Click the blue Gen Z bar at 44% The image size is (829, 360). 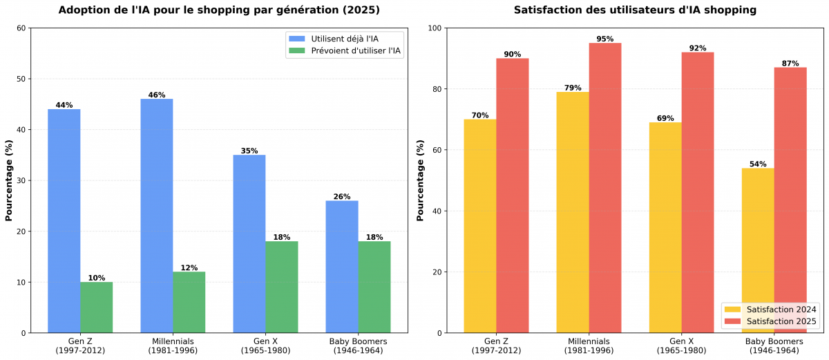click(64, 221)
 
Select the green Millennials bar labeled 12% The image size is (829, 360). click(189, 302)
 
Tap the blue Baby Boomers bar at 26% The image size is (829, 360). click(342, 267)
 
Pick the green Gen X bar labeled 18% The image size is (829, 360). click(281, 287)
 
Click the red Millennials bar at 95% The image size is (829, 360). click(604, 188)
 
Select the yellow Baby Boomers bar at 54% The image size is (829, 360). click(758, 250)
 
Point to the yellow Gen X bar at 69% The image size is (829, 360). click(665, 227)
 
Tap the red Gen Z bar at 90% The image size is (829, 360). click(512, 196)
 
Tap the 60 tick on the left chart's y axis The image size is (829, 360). click(21, 28)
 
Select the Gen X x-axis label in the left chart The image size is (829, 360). click(265, 346)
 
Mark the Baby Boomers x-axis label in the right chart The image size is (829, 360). click(774, 346)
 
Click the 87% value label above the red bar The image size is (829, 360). click(790, 64)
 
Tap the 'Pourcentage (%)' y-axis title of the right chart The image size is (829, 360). click(421, 180)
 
